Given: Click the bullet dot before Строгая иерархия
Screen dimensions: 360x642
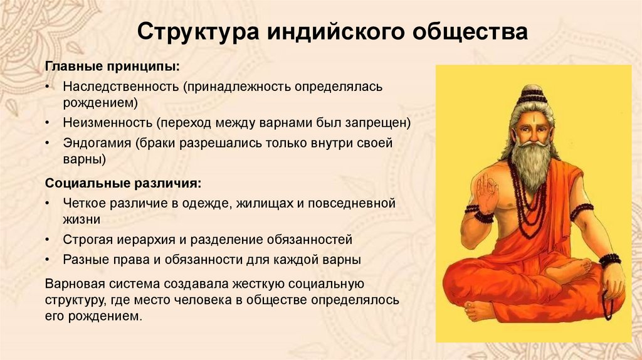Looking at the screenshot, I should click(x=50, y=240).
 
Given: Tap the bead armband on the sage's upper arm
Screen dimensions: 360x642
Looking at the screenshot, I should click(x=581, y=211).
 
